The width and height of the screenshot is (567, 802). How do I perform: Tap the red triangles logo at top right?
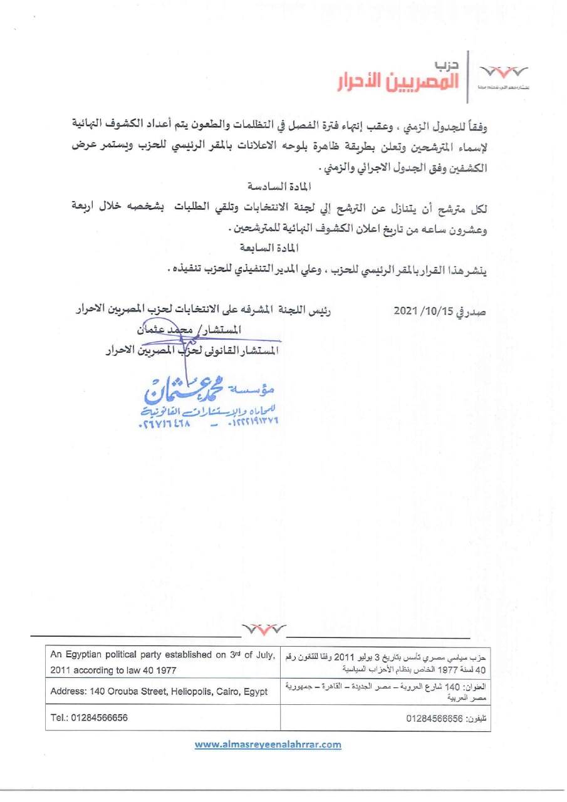502,71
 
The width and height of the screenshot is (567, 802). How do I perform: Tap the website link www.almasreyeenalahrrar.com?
268,744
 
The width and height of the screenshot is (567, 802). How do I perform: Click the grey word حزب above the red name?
446,65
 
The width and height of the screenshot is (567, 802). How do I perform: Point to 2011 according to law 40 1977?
113,670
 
